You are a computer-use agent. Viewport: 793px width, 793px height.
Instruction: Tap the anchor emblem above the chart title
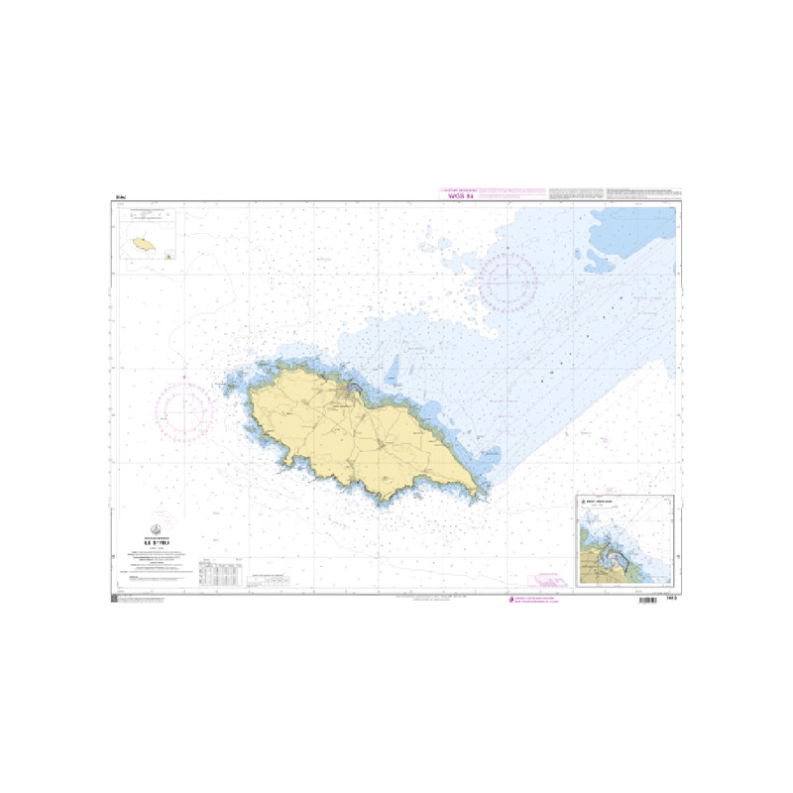[x=156, y=527]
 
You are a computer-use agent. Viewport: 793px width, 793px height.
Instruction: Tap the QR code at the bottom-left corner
[x=115, y=601]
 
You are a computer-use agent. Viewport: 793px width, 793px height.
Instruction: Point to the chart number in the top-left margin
[x=121, y=199]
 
